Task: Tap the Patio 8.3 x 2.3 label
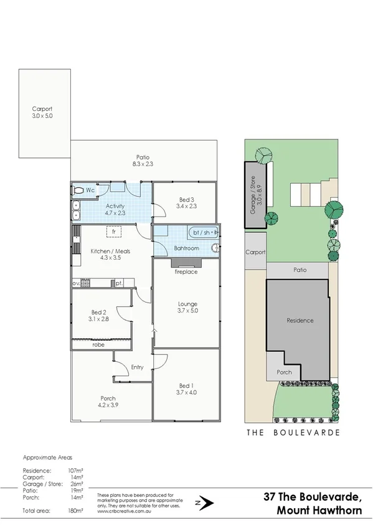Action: click(144, 161)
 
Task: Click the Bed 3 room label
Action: click(186, 202)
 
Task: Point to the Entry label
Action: click(138, 367)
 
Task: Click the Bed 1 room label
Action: click(186, 389)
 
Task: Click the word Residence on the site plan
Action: click(300, 321)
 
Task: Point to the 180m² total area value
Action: click(75, 511)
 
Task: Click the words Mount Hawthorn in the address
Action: click(317, 510)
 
